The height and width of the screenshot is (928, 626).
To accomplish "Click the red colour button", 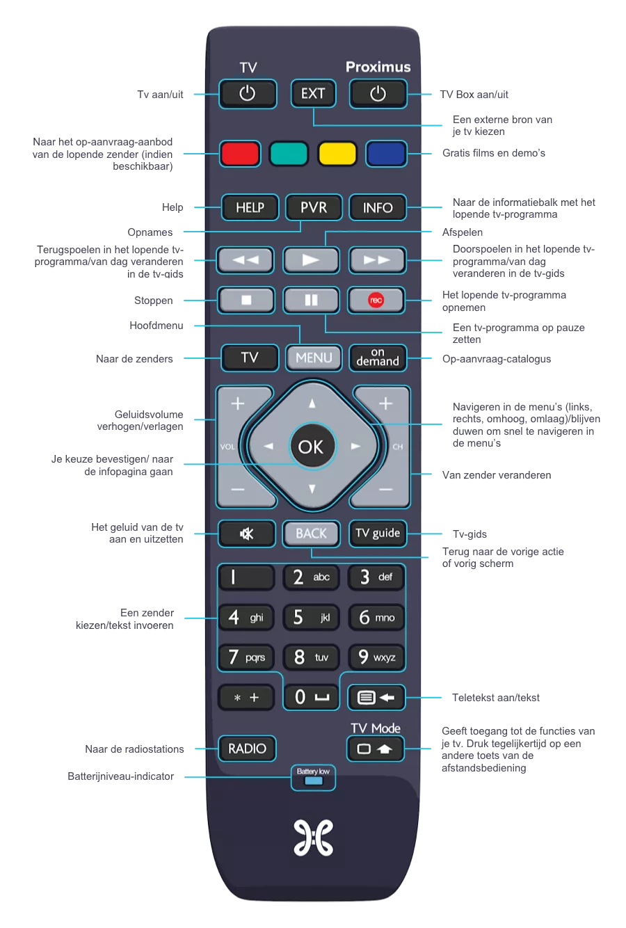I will pyautogui.click(x=240, y=154).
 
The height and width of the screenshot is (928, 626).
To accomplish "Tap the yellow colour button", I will pyautogui.click(x=337, y=154).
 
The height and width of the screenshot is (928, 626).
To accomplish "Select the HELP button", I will pyautogui.click(x=250, y=207).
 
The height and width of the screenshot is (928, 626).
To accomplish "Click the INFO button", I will pyautogui.click(x=378, y=207).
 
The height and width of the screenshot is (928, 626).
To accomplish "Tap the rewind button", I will pyautogui.click(x=246, y=260).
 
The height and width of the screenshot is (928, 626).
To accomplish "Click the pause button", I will pyautogui.click(x=311, y=301).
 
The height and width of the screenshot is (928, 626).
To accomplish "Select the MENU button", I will pyautogui.click(x=314, y=358).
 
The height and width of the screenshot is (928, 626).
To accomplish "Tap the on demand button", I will pyautogui.click(x=378, y=358).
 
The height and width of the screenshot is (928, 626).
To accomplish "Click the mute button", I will pyautogui.click(x=247, y=534).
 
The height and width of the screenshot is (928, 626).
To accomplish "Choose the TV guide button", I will pyautogui.click(x=377, y=534).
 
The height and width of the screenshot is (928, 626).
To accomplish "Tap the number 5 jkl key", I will pyautogui.click(x=311, y=617).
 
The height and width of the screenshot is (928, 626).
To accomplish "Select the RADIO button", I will pyautogui.click(x=247, y=749).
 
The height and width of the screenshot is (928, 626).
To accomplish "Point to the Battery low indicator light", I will pyautogui.click(x=313, y=781).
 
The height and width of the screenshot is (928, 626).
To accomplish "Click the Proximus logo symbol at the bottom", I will pyautogui.click(x=313, y=838).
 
